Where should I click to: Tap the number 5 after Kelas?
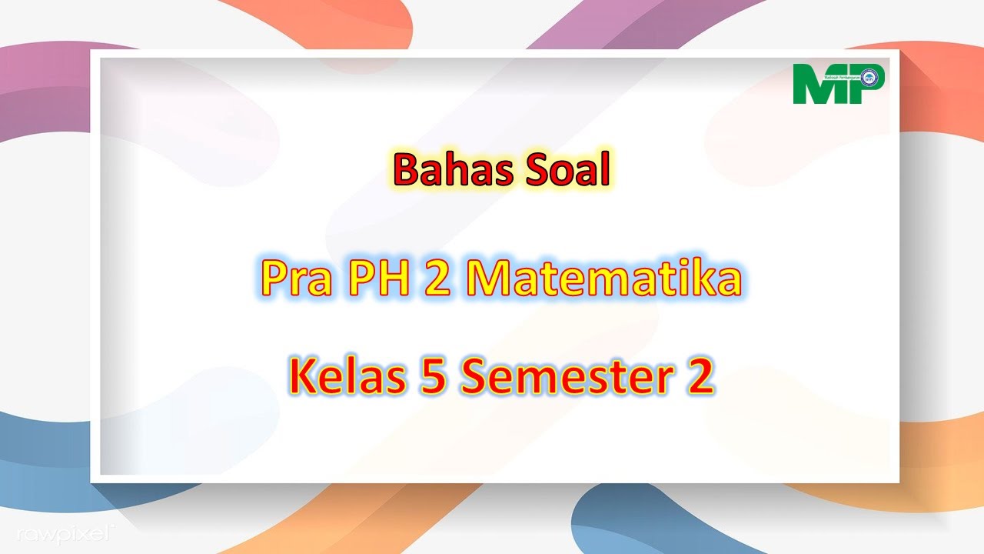[435, 377]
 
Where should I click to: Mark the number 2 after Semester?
[700, 377]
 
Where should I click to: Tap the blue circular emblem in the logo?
[869, 77]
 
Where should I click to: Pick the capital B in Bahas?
[405, 171]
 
